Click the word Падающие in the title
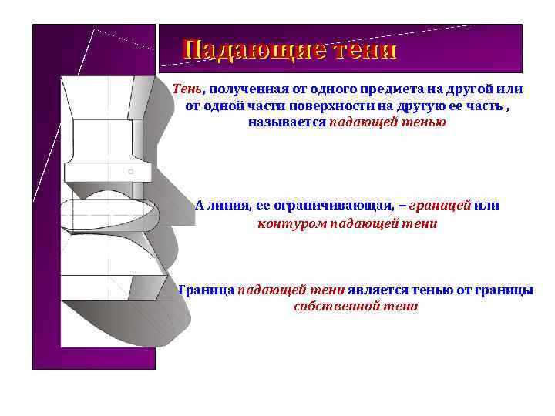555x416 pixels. [x=245, y=51]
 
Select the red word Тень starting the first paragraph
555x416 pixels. [x=187, y=88]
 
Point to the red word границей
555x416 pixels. [x=439, y=206]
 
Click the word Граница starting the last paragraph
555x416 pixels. [x=206, y=290]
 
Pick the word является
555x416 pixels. [x=373, y=290]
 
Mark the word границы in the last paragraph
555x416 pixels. [x=505, y=290]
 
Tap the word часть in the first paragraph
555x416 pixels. [x=479, y=105]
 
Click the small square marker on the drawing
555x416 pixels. [x=131, y=171]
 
